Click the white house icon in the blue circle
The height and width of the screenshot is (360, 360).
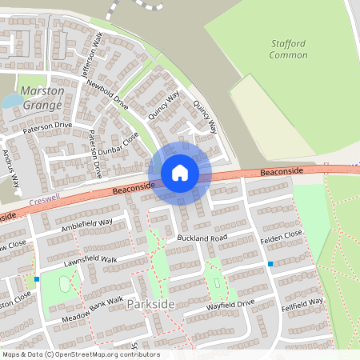180,173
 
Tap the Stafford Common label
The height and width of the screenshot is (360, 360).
288,50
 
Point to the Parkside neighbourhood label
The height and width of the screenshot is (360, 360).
150,305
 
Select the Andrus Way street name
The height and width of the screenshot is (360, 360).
13,169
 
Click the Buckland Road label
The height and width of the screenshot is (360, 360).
203,238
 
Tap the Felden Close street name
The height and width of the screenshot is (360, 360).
282,234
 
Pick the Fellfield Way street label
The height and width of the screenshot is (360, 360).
302,305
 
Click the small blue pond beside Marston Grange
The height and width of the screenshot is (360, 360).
13,101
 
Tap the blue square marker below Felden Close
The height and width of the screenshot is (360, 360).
270,264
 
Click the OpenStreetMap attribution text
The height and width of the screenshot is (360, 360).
80,354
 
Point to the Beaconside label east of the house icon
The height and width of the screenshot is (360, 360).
282,172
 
